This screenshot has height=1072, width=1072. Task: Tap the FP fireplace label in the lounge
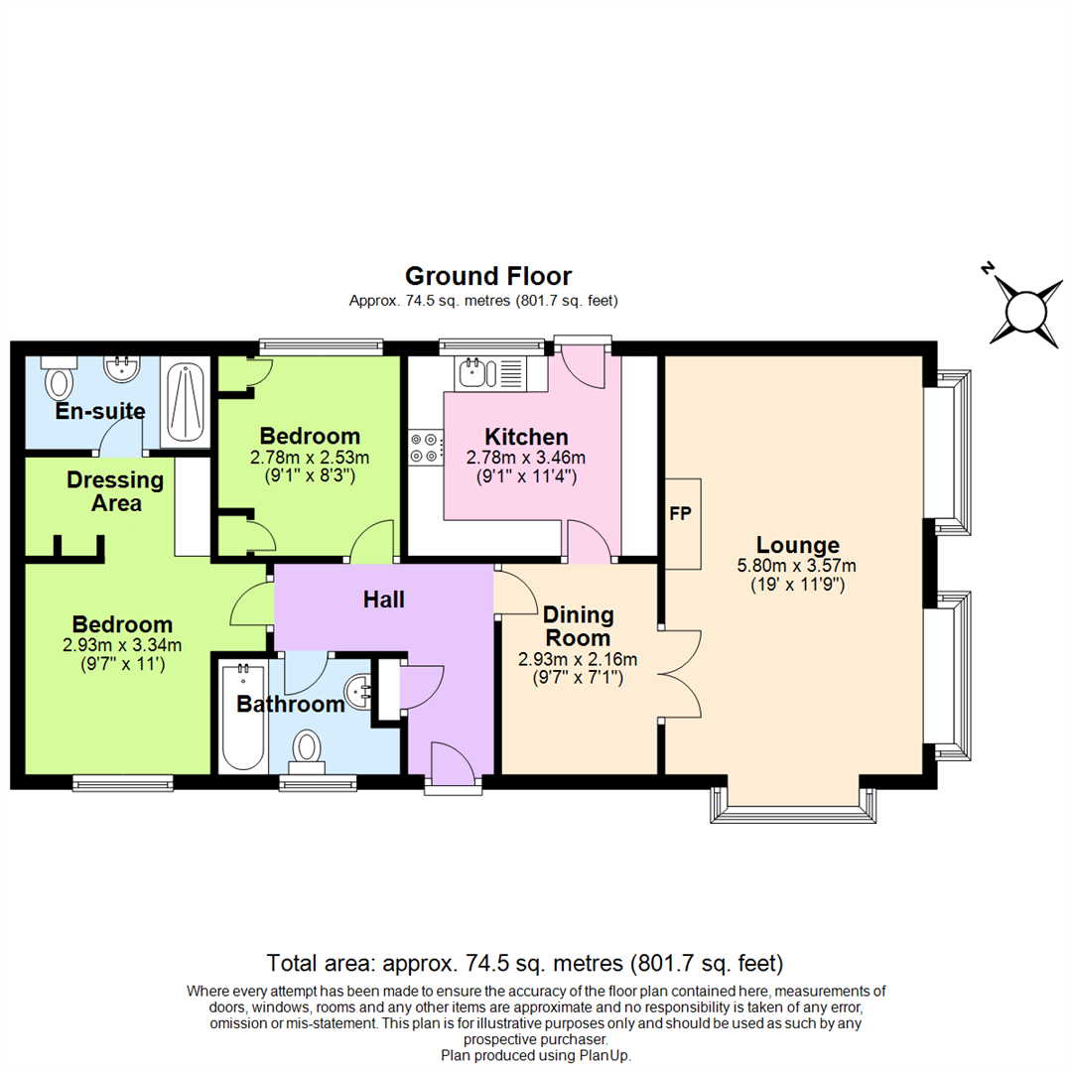[x=681, y=514]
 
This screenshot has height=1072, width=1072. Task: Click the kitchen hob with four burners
[x=425, y=447]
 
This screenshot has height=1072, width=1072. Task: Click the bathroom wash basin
[x=358, y=688]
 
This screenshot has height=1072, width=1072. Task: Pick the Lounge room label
[x=798, y=545]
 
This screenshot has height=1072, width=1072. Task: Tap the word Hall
[x=383, y=599]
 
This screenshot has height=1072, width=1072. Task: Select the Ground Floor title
[x=487, y=276]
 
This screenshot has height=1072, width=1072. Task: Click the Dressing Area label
[x=115, y=491]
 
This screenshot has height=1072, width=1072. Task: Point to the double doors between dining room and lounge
[x=680, y=676]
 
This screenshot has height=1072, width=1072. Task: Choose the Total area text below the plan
[x=526, y=963]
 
